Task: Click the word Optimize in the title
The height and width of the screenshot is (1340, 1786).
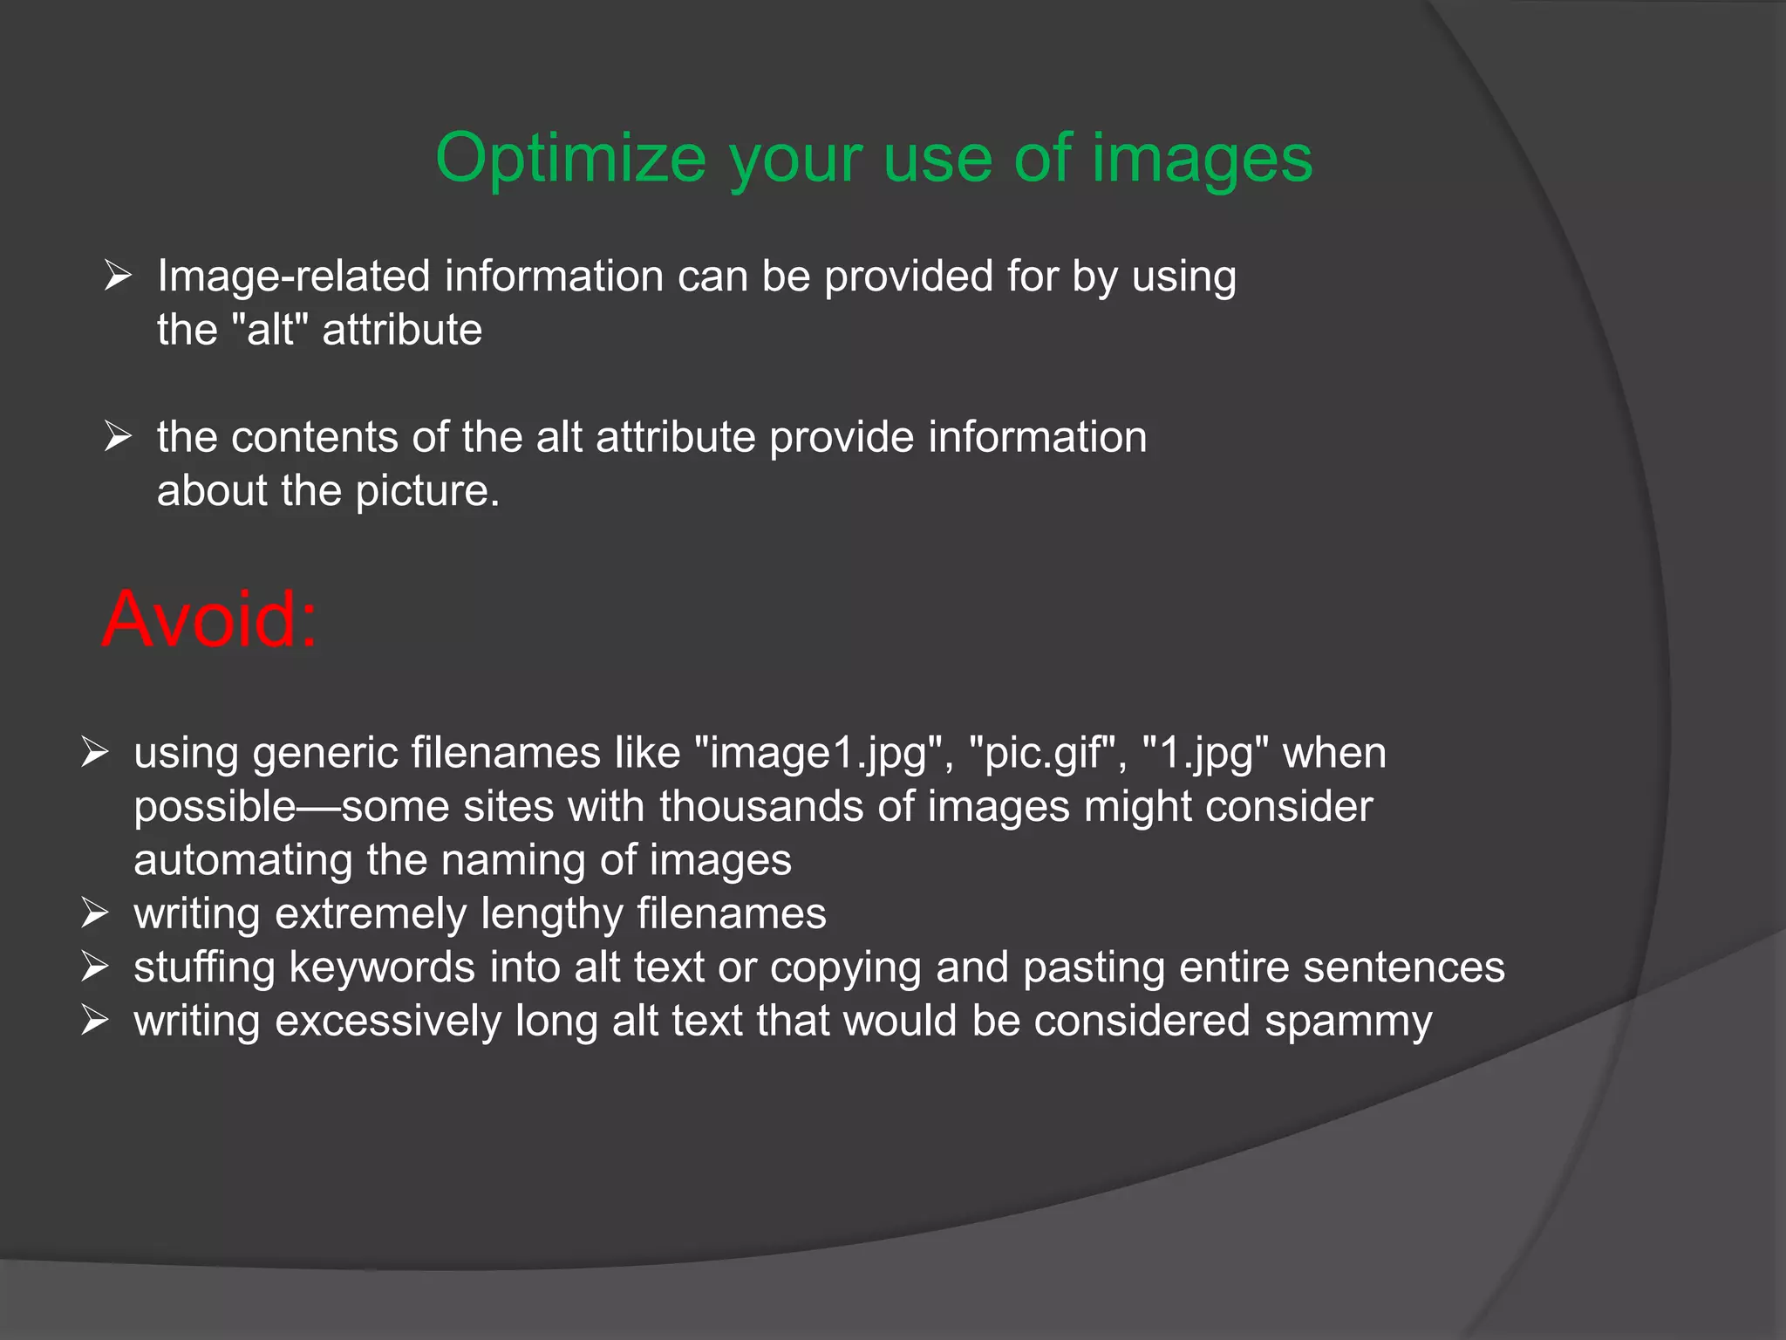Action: pos(570,159)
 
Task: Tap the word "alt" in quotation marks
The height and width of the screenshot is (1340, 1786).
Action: pos(270,330)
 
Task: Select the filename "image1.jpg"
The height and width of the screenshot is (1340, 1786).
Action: pos(819,753)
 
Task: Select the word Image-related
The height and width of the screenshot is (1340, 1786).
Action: pos(294,277)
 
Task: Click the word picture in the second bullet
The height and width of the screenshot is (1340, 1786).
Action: pos(427,491)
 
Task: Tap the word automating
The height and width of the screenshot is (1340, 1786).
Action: pos(243,860)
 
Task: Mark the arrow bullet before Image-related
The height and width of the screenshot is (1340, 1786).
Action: pos(118,276)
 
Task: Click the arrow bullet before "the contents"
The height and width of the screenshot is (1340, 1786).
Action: pos(118,436)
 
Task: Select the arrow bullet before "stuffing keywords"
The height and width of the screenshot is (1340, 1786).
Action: pos(94,967)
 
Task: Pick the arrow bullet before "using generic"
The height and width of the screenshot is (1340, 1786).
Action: pos(94,752)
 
